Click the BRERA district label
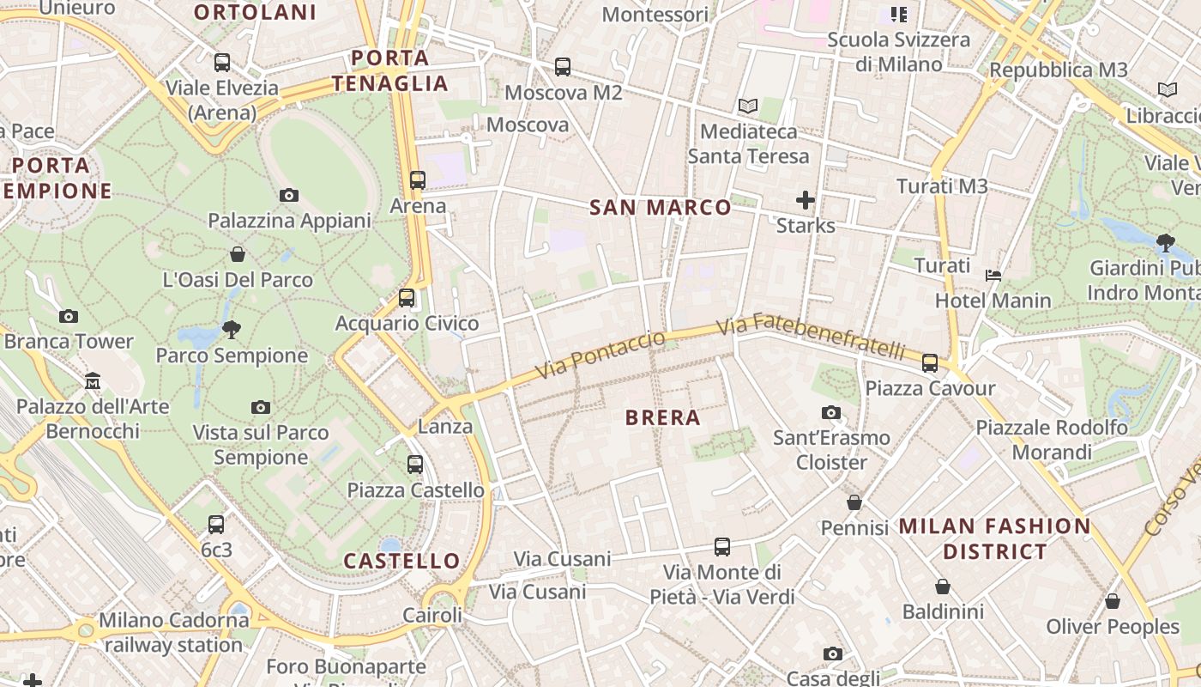click(x=663, y=418)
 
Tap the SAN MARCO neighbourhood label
click(x=661, y=207)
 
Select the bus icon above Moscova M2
click(x=563, y=66)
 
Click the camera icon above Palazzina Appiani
click(x=289, y=195)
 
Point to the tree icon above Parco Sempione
click(x=231, y=329)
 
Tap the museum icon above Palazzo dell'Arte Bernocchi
click(x=93, y=380)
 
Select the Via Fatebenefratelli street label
click(x=811, y=337)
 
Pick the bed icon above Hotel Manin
click(x=993, y=275)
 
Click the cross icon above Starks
click(x=805, y=200)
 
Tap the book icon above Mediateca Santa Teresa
click(x=748, y=106)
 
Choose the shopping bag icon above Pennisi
click(x=854, y=502)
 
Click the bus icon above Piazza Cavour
click(x=930, y=362)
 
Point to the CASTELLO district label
click(x=401, y=561)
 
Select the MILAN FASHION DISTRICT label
click(x=994, y=538)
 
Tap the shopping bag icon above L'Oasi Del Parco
click(x=238, y=254)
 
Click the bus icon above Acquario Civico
click(x=407, y=298)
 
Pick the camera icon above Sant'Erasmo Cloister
click(x=830, y=412)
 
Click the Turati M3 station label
click(x=942, y=185)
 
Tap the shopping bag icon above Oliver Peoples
click(x=1113, y=601)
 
